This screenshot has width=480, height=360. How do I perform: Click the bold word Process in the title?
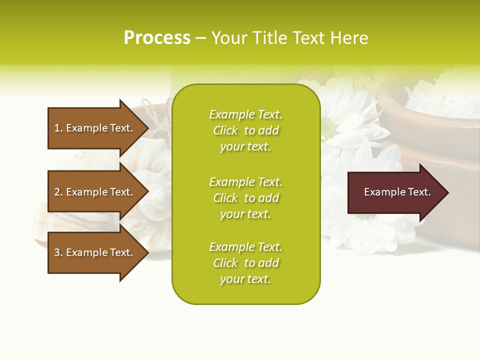(x=157, y=38)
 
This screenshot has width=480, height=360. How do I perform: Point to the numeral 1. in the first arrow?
(x=58, y=128)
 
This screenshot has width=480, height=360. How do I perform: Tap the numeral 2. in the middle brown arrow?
(x=58, y=192)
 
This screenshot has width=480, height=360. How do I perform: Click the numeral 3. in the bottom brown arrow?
(x=58, y=252)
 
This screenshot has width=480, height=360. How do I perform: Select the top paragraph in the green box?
(x=245, y=130)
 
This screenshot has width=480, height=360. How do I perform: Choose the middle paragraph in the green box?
(x=245, y=198)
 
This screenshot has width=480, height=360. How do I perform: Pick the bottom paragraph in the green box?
(x=245, y=263)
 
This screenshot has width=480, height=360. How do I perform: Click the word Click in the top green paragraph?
(x=225, y=130)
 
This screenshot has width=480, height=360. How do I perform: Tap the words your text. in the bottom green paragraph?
(x=245, y=279)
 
